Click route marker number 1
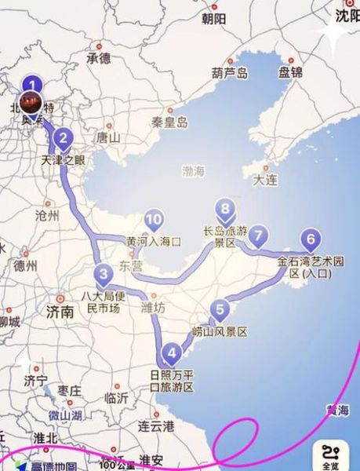coord(32,83)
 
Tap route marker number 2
coord(64,138)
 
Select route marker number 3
coord(103,274)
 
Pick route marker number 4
coord(172,351)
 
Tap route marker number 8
coord(226,209)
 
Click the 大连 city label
coord(264,180)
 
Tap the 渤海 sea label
coord(193,170)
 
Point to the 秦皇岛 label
coord(169,122)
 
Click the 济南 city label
coord(60,311)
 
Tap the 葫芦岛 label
coord(229,73)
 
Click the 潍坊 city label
coord(152,307)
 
